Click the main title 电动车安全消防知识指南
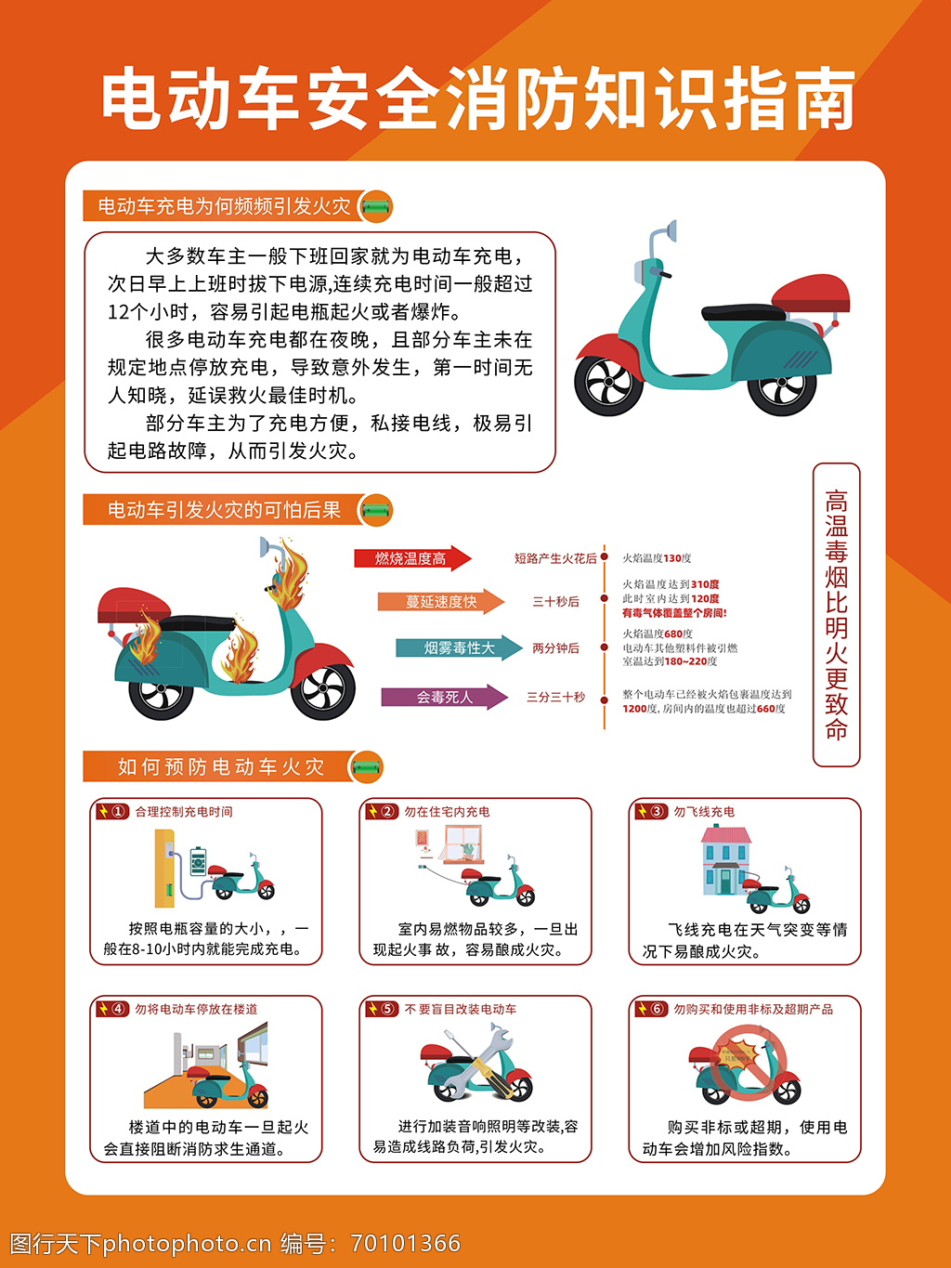pyautogui.click(x=477, y=98)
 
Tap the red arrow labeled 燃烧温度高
pyautogui.click(x=413, y=558)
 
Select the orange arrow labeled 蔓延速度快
pyautogui.click(x=441, y=601)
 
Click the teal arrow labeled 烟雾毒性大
pyautogui.click(x=459, y=647)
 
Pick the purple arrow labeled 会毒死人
pyautogui.click(x=445, y=697)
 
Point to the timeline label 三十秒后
pyautogui.click(x=555, y=601)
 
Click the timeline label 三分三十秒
pyautogui.click(x=555, y=697)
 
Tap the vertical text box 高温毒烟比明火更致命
pyautogui.click(x=836, y=615)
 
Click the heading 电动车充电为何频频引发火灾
pyautogui.click(x=224, y=206)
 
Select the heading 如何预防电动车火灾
pyautogui.click(x=221, y=766)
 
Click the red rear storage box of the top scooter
pyautogui.click(x=810, y=294)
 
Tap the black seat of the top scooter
pyautogui.click(x=744, y=312)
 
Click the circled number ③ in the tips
pyautogui.click(x=658, y=811)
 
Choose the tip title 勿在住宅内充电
pyautogui.click(x=447, y=812)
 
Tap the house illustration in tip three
pyautogui.click(x=726, y=860)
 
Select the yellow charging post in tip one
pyautogui.click(x=164, y=869)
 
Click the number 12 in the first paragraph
pyautogui.click(x=118, y=312)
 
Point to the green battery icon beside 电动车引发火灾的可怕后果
pyautogui.click(x=376, y=510)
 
